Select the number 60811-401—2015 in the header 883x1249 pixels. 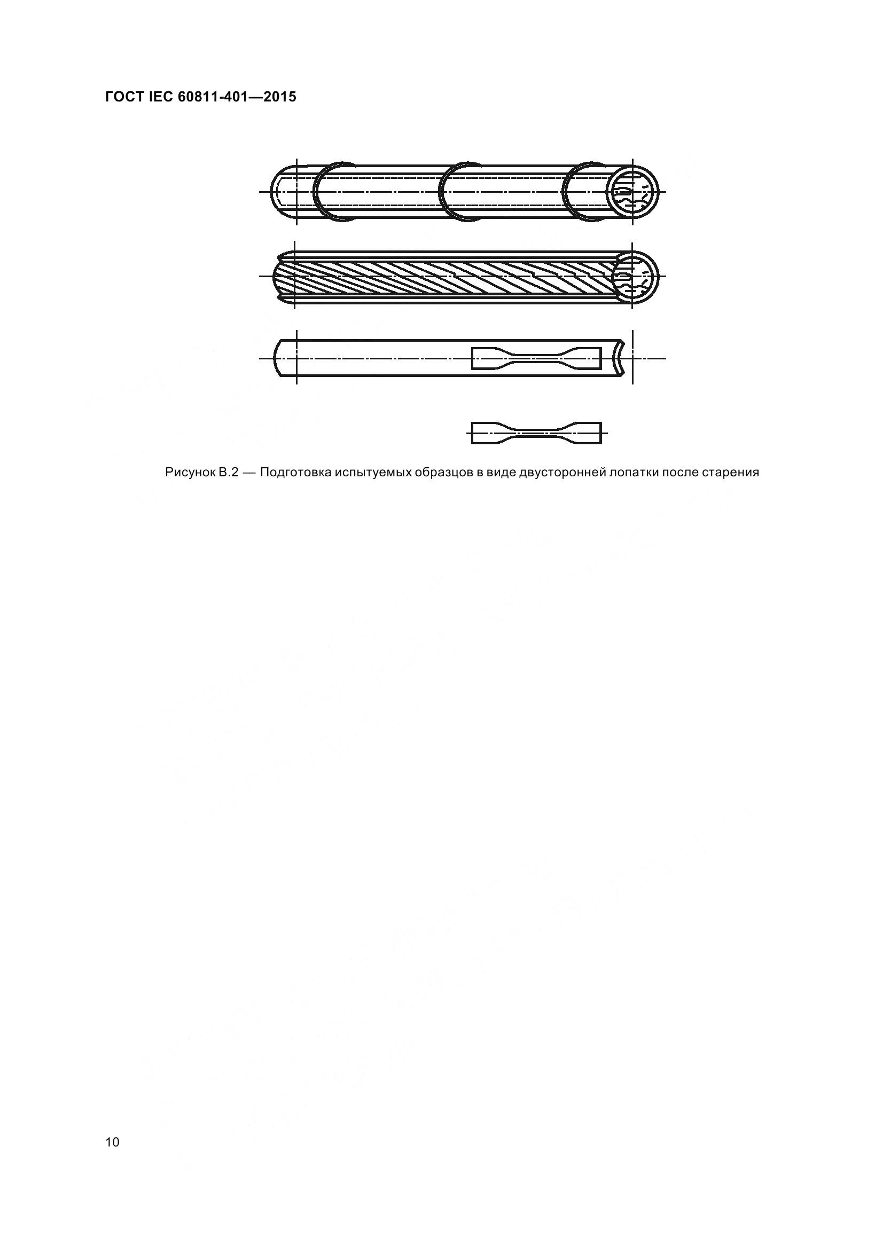pyautogui.click(x=237, y=97)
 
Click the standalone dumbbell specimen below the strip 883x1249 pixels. pyautogui.click(x=536, y=433)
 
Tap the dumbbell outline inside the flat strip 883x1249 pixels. pyautogui.click(x=536, y=358)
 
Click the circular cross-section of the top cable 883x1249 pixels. pyautogui.click(x=632, y=192)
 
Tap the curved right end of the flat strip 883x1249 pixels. pyautogui.click(x=620, y=358)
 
